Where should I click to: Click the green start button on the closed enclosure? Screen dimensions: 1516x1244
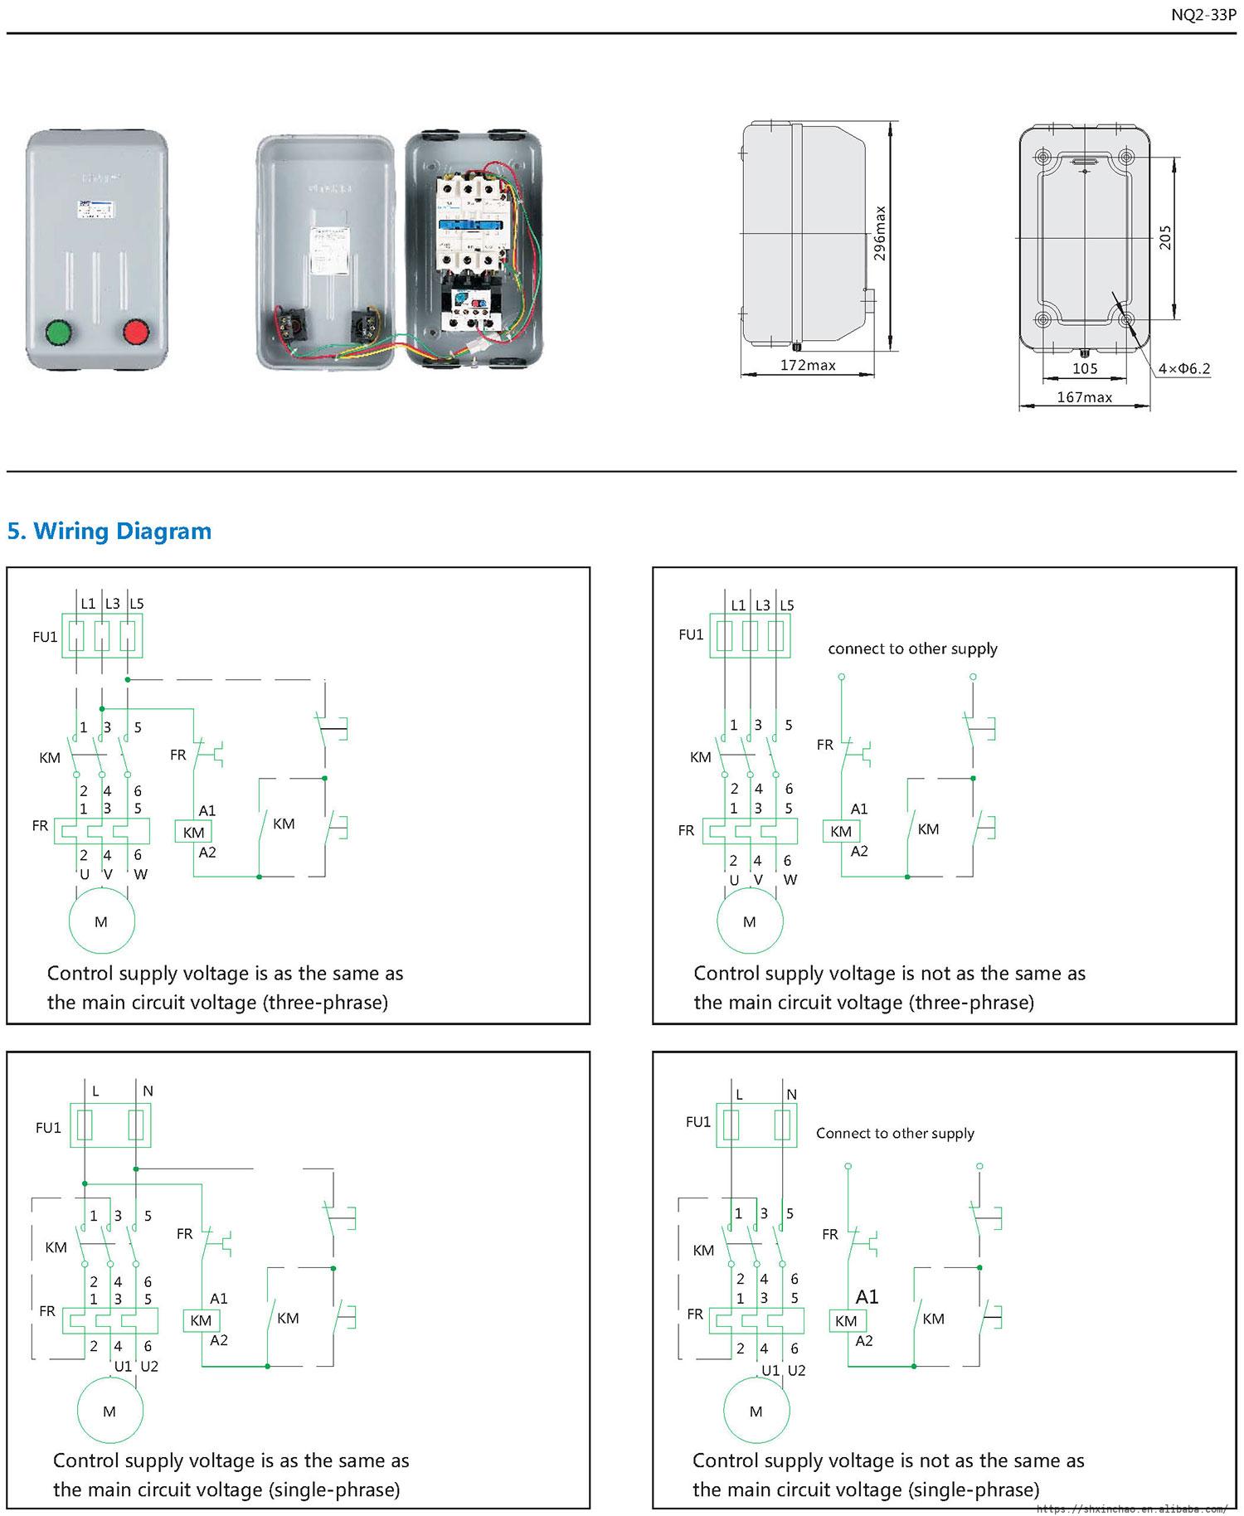tap(59, 333)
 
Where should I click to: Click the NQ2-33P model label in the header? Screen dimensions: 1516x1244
tap(1203, 15)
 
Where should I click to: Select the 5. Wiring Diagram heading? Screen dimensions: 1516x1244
tap(109, 531)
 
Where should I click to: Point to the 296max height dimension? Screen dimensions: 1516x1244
tap(880, 233)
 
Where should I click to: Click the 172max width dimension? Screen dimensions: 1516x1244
tap(807, 365)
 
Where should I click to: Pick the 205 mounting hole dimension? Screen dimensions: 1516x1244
tap(1165, 238)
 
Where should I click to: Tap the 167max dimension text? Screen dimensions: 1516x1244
tap(1084, 397)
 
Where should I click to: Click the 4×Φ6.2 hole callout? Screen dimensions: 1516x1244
tap(1183, 368)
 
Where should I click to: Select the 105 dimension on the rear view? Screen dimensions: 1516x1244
tap(1084, 368)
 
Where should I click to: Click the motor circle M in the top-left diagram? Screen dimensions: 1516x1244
tap(101, 921)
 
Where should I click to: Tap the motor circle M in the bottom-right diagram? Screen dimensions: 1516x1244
tap(756, 1411)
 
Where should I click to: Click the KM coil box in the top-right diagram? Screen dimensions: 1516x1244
tap(841, 831)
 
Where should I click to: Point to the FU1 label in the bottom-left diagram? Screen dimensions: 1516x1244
tap(48, 1128)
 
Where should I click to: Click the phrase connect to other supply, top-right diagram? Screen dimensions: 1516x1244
tap(912, 649)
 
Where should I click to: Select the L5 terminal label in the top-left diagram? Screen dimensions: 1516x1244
tap(137, 604)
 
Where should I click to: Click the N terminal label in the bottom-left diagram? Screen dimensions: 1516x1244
tap(148, 1091)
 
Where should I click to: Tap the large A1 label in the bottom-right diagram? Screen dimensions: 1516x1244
tap(867, 1296)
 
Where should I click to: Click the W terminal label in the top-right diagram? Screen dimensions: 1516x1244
tap(790, 880)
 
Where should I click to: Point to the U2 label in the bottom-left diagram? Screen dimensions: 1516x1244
tap(149, 1366)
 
